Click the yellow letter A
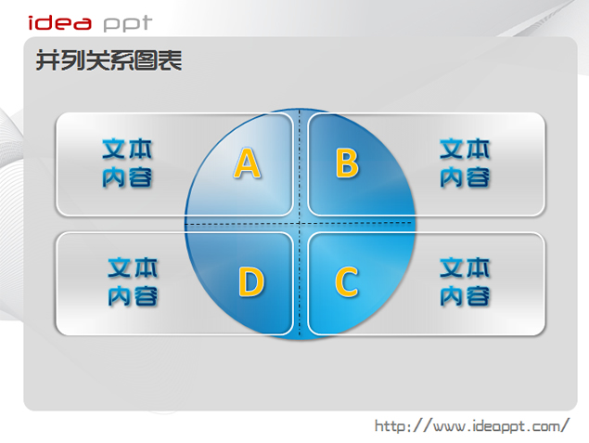coord(247,163)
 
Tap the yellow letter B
coord(347,163)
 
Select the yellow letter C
coord(346,281)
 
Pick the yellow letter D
coord(251,281)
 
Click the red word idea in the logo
coord(59,22)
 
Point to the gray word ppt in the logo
coord(128,24)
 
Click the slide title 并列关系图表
coord(109,60)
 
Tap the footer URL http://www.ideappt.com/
coord(472,426)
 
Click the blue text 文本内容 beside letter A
coord(127,163)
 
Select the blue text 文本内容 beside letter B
coord(465,163)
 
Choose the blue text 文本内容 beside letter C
coord(465,281)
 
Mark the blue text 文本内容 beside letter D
coord(133,281)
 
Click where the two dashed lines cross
coord(300,223)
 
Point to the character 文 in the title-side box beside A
coord(114,150)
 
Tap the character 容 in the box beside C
coord(478,296)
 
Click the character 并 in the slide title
coord(47,60)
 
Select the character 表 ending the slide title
coord(170,60)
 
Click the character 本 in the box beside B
coord(478,150)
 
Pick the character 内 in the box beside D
coord(120,296)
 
